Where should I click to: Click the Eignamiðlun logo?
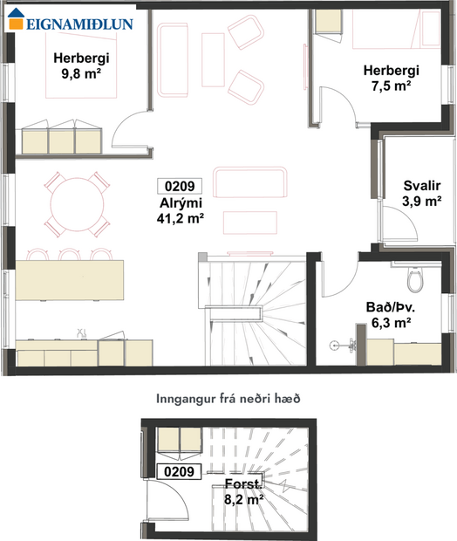tap(72, 24)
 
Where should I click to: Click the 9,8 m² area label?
tap(74, 75)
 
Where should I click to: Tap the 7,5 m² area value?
tap(392, 86)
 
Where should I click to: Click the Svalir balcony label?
tap(422, 186)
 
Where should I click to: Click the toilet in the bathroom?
tap(415, 278)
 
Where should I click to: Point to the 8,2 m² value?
tap(242, 500)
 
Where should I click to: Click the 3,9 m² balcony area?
tap(422, 202)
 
